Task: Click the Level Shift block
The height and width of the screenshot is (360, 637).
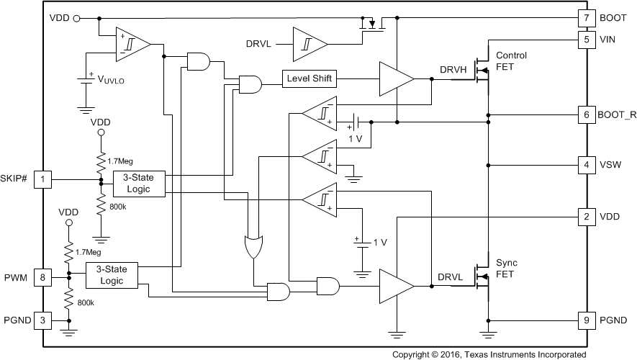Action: click(310, 78)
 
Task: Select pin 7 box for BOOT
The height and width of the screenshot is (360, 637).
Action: click(587, 17)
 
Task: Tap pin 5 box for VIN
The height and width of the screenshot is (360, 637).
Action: click(587, 40)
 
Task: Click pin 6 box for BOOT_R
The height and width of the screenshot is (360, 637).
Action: click(587, 114)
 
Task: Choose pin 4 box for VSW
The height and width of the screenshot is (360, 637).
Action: click(587, 165)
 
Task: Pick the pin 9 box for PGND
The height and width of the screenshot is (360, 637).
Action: click(587, 320)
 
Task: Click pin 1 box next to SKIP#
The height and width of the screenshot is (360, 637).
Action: click(45, 178)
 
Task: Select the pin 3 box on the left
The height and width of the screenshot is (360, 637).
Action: click(45, 320)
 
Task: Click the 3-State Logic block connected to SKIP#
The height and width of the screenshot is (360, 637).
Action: click(138, 183)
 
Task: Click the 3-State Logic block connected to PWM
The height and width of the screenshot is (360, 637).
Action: click(112, 274)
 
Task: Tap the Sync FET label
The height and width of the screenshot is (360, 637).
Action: click(507, 268)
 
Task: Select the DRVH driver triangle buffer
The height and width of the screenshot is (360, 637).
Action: click(395, 78)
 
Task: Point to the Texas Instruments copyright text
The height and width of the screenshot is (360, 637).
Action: click(489, 354)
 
